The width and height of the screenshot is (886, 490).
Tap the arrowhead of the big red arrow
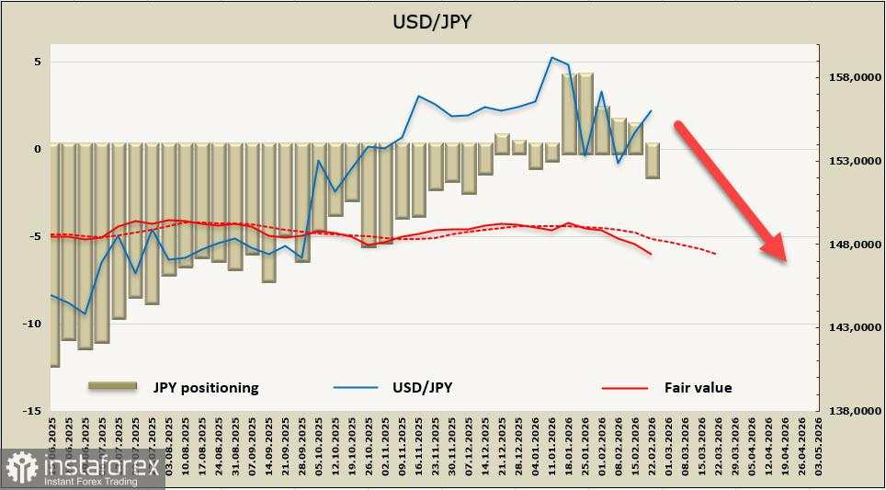pos(775,248)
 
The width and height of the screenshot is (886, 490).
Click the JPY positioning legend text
pos(206,388)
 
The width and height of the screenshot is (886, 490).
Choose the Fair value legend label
pos(698,388)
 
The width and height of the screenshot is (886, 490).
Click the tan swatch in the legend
pos(112,386)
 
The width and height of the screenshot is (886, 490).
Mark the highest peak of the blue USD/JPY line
pos(551,57)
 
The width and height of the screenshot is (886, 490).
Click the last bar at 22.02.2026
pos(652,161)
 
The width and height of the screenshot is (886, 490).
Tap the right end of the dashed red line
pos(716,254)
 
